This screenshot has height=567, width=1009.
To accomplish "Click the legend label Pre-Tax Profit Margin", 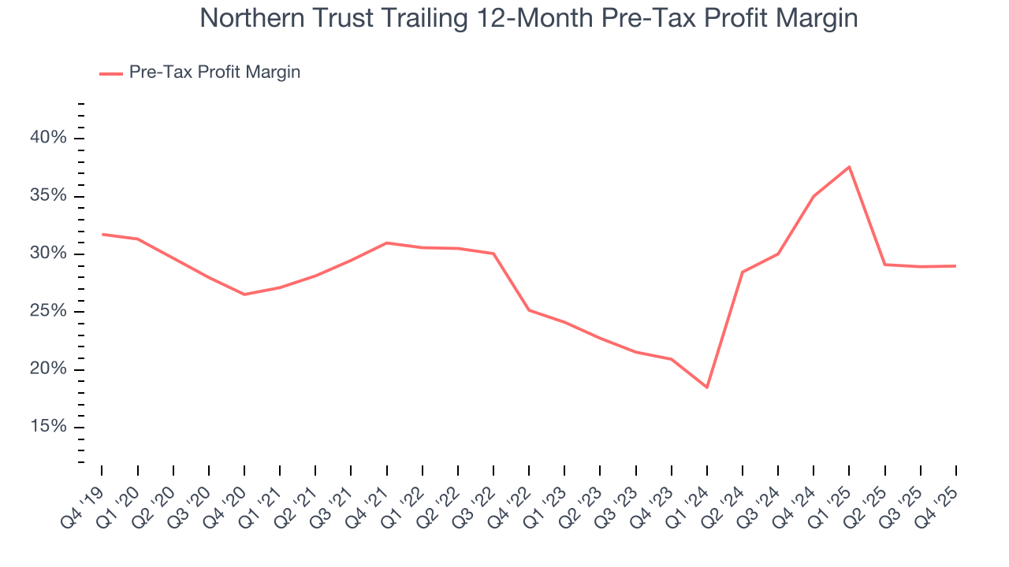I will (214, 72).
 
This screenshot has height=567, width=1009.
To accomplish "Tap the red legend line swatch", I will (111, 73).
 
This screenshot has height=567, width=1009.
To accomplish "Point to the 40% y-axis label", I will (48, 138).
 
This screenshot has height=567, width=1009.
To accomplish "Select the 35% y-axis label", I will (48, 196).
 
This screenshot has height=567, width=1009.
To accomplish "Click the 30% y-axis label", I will (48, 254).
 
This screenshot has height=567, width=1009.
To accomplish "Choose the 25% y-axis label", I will (48, 312).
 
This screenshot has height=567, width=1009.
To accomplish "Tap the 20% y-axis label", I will (48, 369).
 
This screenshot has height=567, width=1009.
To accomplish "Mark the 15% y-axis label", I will (48, 428).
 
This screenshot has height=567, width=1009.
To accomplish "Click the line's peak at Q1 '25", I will (849, 167).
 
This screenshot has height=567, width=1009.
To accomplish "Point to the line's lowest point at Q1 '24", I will (707, 387).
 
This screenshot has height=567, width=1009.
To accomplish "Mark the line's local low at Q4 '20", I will (244, 295).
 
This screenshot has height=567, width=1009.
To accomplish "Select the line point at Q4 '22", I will (529, 309).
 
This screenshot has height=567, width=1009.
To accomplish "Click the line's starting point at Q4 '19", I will (102, 234).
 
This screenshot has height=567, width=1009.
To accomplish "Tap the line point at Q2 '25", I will (885, 265).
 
